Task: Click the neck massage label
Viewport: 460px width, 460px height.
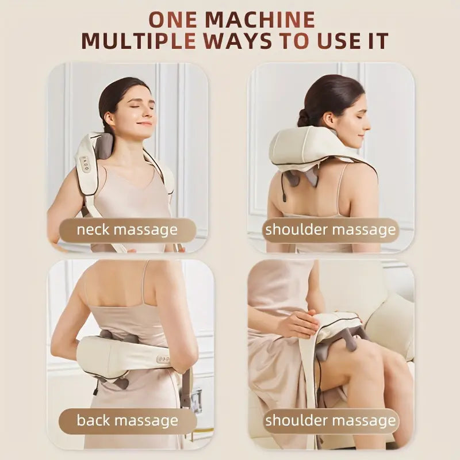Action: (x=128, y=230)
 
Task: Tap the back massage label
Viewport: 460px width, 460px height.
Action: (x=128, y=420)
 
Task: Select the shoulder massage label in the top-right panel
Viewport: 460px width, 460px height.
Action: (x=331, y=230)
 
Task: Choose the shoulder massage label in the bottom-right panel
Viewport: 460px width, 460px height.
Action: (x=331, y=420)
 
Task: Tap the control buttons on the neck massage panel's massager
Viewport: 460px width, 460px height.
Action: (x=85, y=163)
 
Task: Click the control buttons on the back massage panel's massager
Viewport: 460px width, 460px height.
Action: (x=163, y=359)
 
